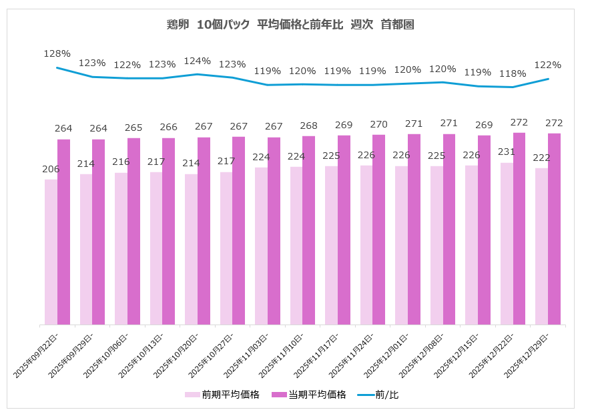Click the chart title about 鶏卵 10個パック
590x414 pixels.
tap(290, 25)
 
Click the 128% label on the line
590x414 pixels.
tap(57, 53)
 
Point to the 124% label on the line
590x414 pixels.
tap(198, 61)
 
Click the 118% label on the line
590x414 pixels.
tap(513, 73)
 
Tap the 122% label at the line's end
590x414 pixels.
tap(548, 65)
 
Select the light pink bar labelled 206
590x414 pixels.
tap(51, 252)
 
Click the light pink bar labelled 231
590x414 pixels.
tap(507, 244)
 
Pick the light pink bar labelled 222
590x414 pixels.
tap(541, 246)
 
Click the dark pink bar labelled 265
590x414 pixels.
tap(133, 231)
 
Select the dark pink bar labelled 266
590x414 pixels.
tap(169, 231)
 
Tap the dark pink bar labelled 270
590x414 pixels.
tap(378, 230)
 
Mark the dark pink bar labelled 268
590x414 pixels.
tap(308, 230)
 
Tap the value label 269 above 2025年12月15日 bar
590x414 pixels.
tap(484, 126)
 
